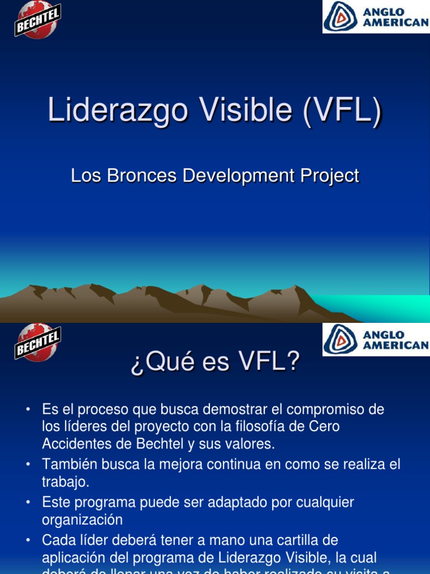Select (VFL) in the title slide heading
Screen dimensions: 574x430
342,110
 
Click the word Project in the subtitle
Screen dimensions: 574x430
330,176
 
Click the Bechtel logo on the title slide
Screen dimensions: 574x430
38,20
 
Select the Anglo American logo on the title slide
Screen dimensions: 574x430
376,16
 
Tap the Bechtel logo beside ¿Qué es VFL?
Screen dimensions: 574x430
38,342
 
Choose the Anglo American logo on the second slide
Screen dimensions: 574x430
376,340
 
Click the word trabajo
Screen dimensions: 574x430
64,482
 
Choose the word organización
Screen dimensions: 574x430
82,520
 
